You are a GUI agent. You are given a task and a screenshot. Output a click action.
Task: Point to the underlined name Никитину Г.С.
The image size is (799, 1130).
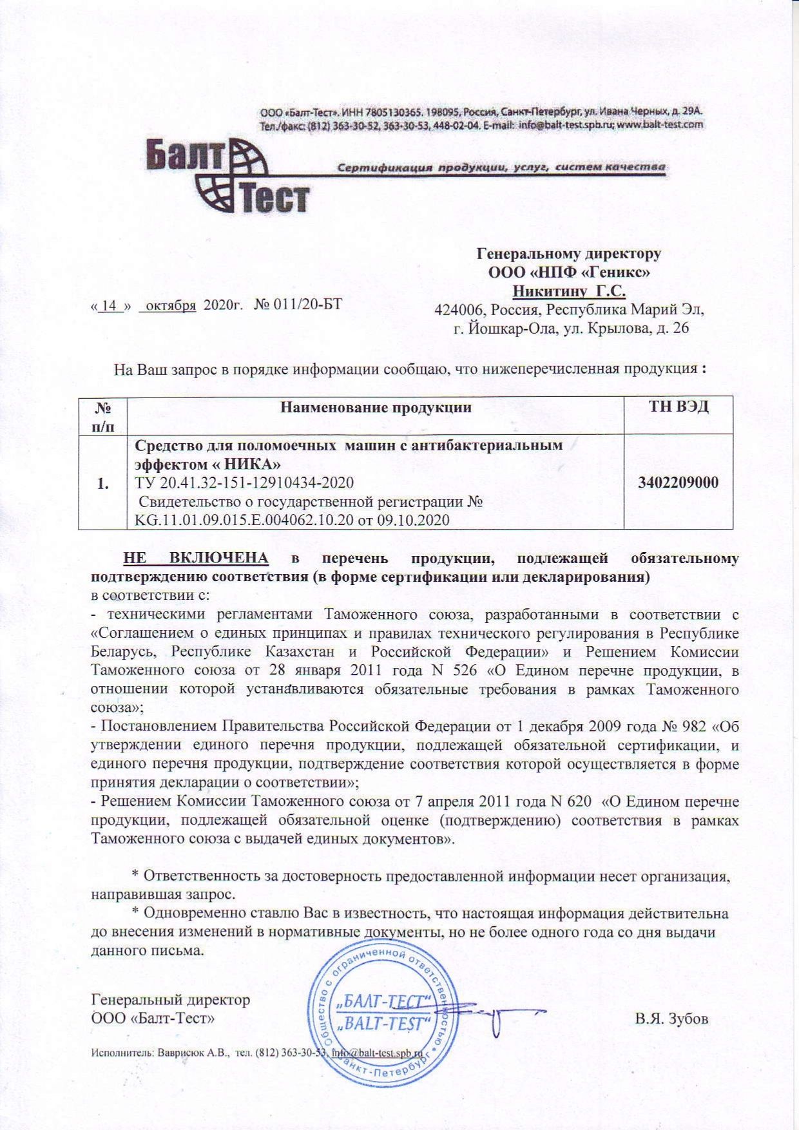click(x=569, y=291)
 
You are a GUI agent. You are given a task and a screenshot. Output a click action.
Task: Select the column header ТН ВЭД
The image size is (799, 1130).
click(x=679, y=407)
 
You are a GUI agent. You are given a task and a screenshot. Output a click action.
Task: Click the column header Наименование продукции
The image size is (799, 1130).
click(x=376, y=408)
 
